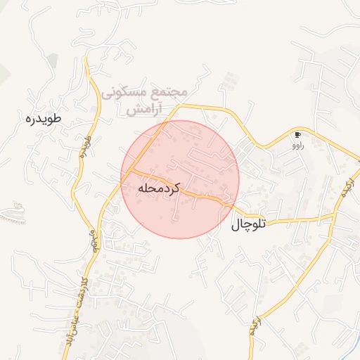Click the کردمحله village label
[x=160, y=189]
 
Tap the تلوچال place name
[x=250, y=225]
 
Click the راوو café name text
[x=298, y=146]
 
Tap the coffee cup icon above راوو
[x=298, y=134]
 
